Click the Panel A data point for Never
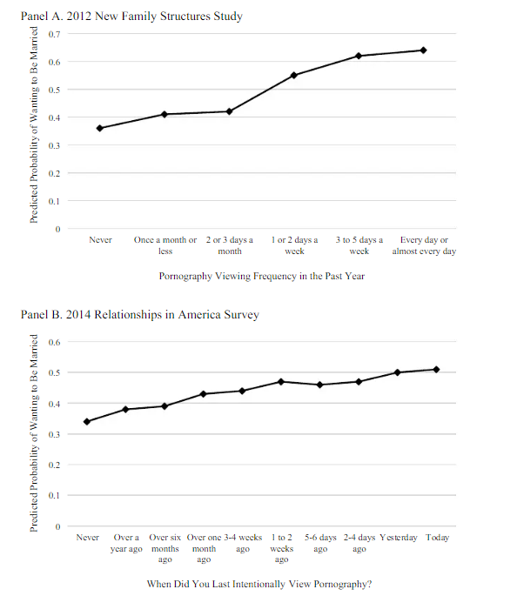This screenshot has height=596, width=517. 99,128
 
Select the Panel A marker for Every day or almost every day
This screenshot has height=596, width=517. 424,50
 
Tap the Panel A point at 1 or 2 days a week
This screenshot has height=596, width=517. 294,75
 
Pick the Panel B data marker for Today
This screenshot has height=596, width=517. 436,370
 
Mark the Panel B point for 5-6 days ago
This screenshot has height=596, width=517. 319,385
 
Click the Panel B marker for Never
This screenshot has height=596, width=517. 87,421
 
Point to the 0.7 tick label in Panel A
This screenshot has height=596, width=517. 54,34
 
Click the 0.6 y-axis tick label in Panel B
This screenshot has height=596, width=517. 54,342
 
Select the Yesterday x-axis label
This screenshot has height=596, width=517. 399,538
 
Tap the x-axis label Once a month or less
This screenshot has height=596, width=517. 165,245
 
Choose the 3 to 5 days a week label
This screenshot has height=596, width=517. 359,245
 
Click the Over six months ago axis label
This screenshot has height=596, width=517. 165,548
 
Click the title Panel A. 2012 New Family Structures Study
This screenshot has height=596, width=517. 131,16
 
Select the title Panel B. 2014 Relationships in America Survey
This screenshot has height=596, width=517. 140,315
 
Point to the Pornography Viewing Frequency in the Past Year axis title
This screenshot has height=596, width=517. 261,276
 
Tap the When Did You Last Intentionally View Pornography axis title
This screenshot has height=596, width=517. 259,584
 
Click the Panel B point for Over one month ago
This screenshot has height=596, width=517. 204,394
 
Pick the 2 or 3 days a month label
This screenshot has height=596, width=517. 230,245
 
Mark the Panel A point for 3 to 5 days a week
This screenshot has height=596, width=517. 359,56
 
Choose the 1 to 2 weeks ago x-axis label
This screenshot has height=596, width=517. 282,548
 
